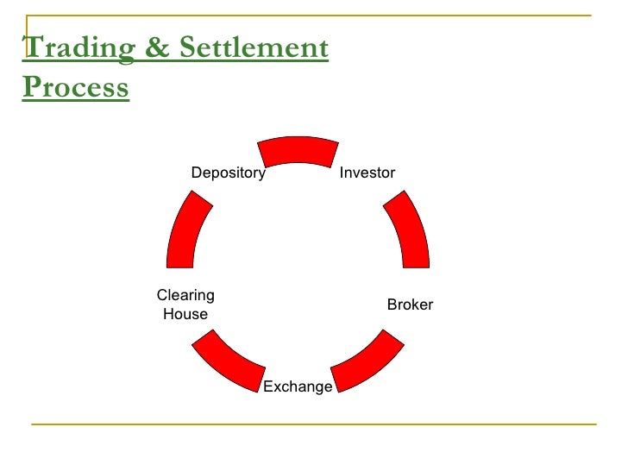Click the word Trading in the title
[x=78, y=49]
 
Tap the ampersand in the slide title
[x=158, y=49]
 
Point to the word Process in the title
[x=76, y=87]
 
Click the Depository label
[x=228, y=173]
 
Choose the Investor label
[x=367, y=173]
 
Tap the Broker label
[x=410, y=305]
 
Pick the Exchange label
[x=298, y=386]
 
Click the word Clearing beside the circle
[x=185, y=295]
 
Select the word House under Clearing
[x=185, y=314]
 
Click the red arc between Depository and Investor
[x=298, y=150]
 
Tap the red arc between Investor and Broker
[x=407, y=229]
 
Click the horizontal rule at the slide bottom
[x=314, y=424]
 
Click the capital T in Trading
[x=32, y=48]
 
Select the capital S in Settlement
[x=190, y=48]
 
